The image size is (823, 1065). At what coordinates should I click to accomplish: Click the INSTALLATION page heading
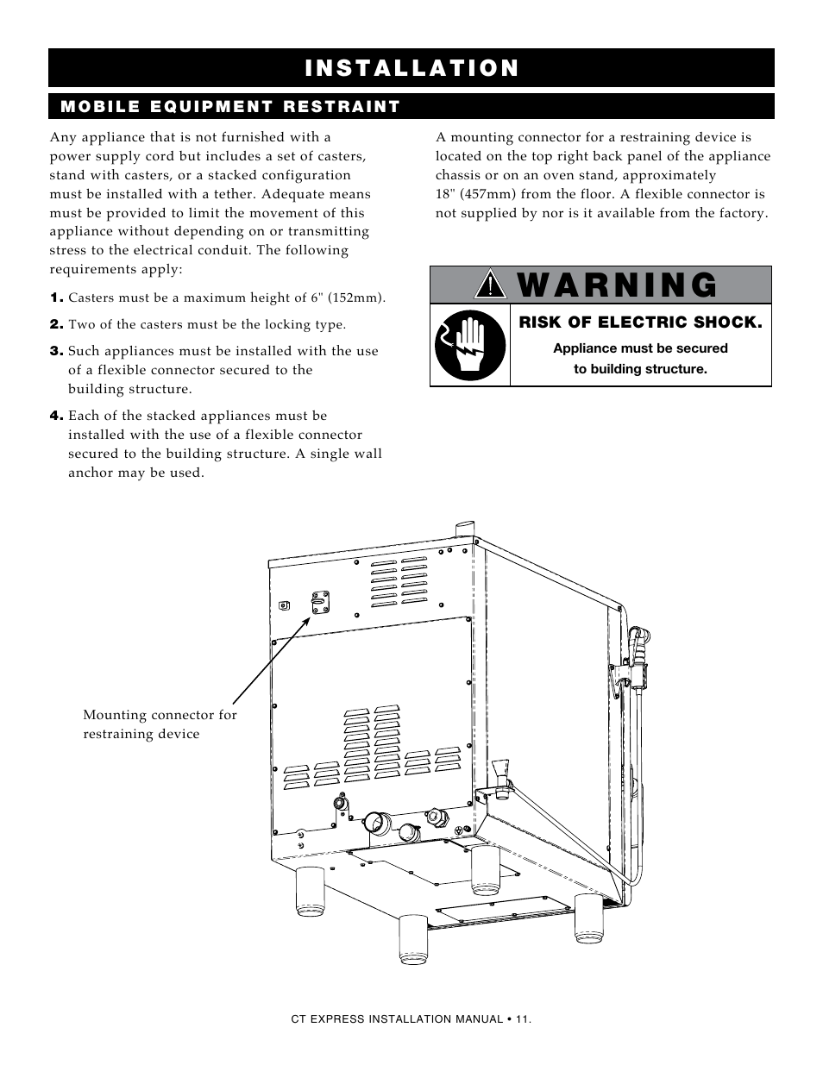click(x=411, y=68)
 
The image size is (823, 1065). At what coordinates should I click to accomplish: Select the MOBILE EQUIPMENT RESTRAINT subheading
click(x=229, y=107)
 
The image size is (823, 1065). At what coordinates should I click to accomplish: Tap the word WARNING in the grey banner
click(x=618, y=285)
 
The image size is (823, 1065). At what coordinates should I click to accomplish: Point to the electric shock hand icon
click(x=469, y=345)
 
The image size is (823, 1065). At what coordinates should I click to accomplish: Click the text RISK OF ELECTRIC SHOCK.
click(x=640, y=323)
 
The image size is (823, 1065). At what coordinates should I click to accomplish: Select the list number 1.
click(x=56, y=298)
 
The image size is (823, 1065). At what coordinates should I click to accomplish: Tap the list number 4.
click(x=56, y=417)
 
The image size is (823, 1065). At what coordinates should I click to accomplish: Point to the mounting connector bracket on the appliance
click(x=320, y=602)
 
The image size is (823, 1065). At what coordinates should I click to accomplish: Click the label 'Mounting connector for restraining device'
click(x=160, y=724)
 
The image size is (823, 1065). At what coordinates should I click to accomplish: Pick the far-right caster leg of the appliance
click(x=588, y=918)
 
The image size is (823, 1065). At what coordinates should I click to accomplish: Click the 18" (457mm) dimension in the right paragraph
click(x=479, y=194)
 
